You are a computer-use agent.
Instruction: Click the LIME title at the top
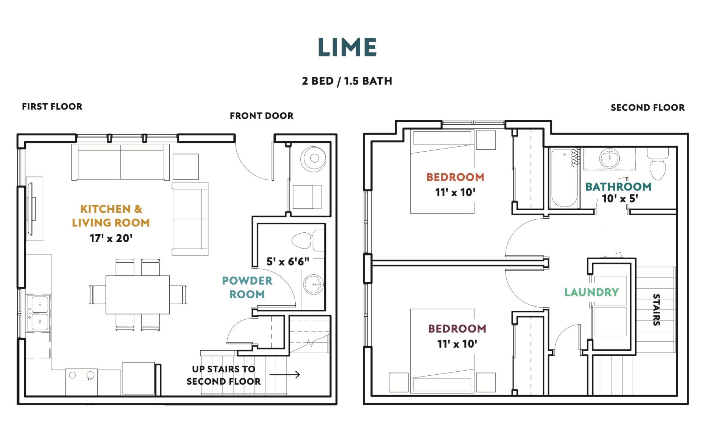click(x=347, y=47)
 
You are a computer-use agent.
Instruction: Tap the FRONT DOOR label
click(x=261, y=116)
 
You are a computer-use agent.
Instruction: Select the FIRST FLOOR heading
click(x=52, y=107)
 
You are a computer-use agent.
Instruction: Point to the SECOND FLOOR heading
click(x=648, y=108)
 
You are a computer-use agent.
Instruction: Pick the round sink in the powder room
click(x=313, y=285)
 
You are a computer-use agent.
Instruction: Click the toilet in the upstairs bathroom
click(x=658, y=164)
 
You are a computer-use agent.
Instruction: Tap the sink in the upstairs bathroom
click(x=609, y=159)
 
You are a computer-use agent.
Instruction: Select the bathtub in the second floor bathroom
click(x=564, y=178)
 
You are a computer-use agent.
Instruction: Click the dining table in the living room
click(x=138, y=295)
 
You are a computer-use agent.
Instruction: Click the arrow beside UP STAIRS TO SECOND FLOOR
click(x=285, y=375)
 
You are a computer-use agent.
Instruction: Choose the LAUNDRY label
click(x=591, y=292)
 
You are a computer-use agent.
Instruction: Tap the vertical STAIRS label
click(x=656, y=310)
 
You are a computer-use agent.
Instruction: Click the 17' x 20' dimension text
click(x=111, y=238)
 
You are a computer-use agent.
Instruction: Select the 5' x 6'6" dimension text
click(x=288, y=261)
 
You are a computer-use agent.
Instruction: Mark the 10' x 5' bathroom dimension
click(x=620, y=198)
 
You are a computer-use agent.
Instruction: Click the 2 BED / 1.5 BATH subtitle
click(x=347, y=81)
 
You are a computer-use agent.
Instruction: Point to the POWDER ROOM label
click(x=247, y=288)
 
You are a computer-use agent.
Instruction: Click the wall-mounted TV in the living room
click(x=30, y=209)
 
